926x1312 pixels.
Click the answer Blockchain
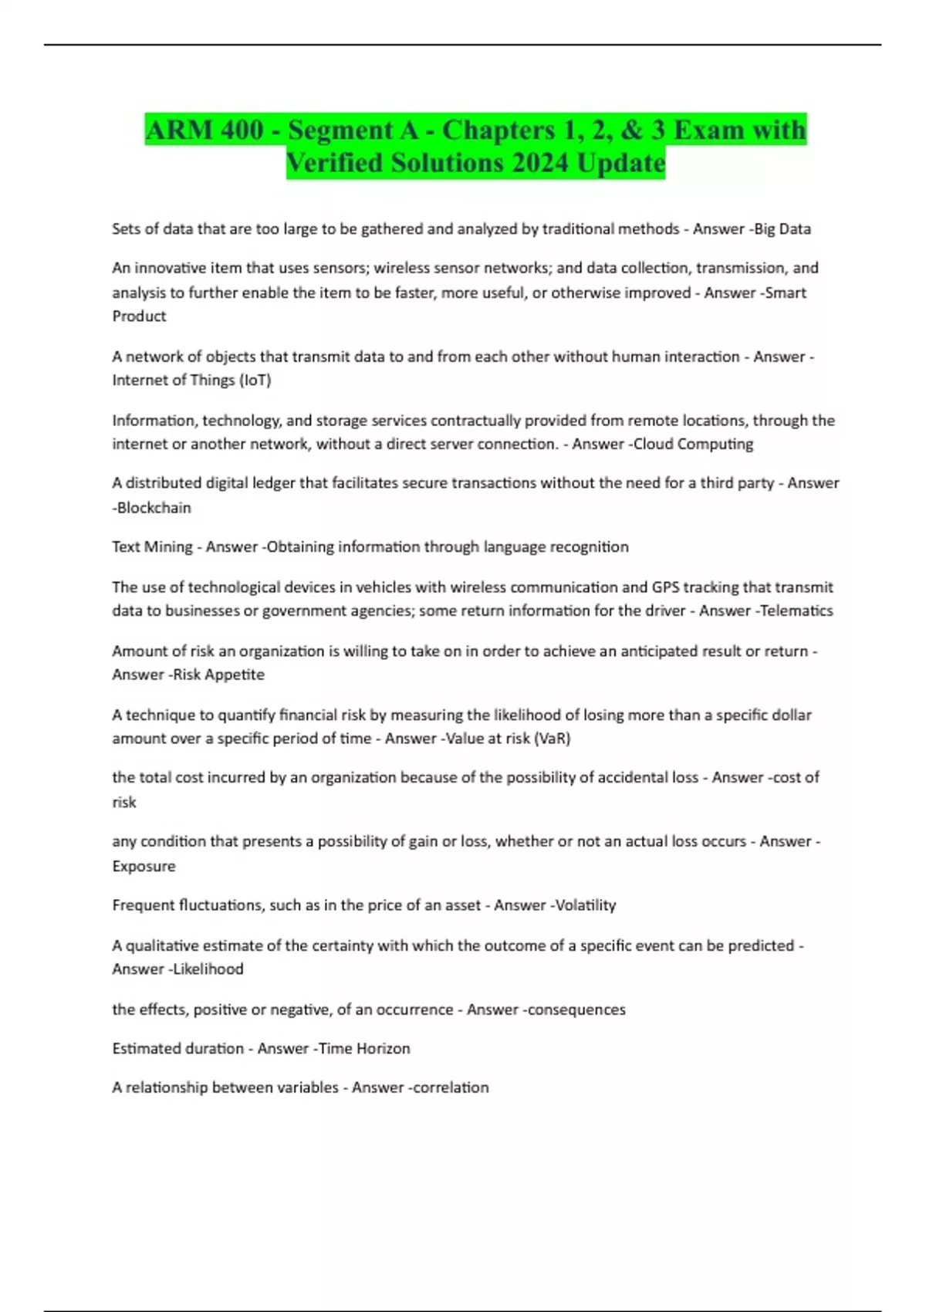(154, 508)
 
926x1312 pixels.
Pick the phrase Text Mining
(152, 546)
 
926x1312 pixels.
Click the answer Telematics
(796, 610)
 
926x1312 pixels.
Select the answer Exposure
(144, 866)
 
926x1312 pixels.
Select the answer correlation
(451, 1087)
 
